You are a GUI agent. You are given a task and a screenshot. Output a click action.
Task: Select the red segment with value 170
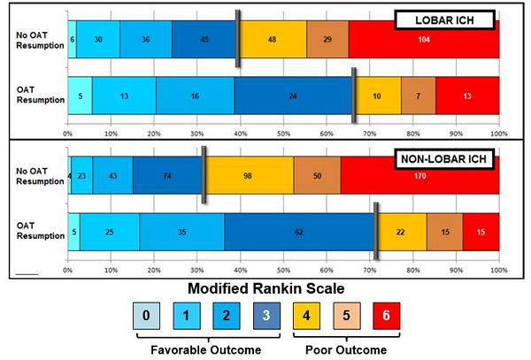tap(419, 176)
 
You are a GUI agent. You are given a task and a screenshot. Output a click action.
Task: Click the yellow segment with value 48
tap(273, 41)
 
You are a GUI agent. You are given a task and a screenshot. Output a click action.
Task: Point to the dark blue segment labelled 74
tap(168, 176)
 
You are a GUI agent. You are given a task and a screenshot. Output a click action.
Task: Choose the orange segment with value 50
tap(317, 176)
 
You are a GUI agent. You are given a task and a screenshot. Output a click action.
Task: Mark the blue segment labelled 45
tap(204, 41)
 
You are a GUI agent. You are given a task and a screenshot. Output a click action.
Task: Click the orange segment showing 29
tap(327, 41)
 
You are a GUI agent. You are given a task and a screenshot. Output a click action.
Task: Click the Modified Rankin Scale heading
tap(266, 287)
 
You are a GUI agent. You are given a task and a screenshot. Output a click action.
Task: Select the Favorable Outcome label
tap(207, 349)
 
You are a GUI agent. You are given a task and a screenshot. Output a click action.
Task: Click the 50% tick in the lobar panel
tap(283, 134)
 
